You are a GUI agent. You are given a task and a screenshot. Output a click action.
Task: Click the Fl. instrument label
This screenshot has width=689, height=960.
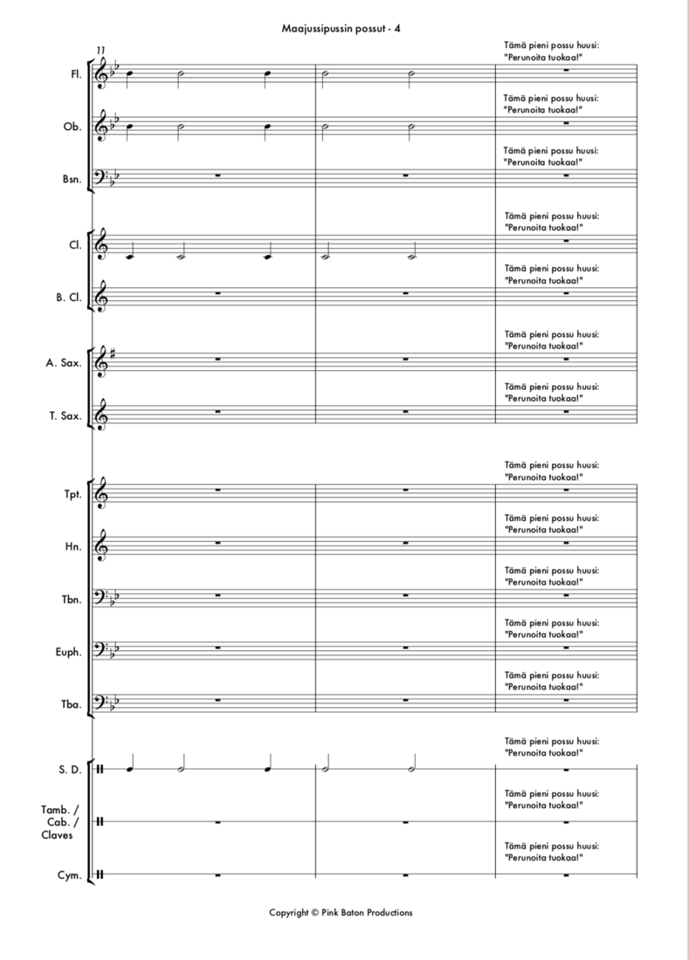click(76, 74)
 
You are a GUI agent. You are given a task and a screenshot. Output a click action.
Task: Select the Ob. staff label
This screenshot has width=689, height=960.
click(73, 127)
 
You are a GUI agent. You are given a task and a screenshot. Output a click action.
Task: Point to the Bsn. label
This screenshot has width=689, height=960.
click(72, 179)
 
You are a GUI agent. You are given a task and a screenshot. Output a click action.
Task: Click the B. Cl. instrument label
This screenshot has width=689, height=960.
click(69, 298)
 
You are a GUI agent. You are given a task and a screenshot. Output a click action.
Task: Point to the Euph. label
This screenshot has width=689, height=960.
click(70, 652)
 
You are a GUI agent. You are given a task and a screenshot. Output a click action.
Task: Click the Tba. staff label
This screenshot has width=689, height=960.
click(72, 704)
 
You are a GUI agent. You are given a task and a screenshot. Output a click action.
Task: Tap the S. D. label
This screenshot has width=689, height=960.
click(71, 770)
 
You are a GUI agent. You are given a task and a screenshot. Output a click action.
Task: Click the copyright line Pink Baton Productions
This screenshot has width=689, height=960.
click(341, 913)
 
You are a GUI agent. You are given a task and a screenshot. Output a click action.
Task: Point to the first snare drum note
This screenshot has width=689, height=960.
click(131, 769)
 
